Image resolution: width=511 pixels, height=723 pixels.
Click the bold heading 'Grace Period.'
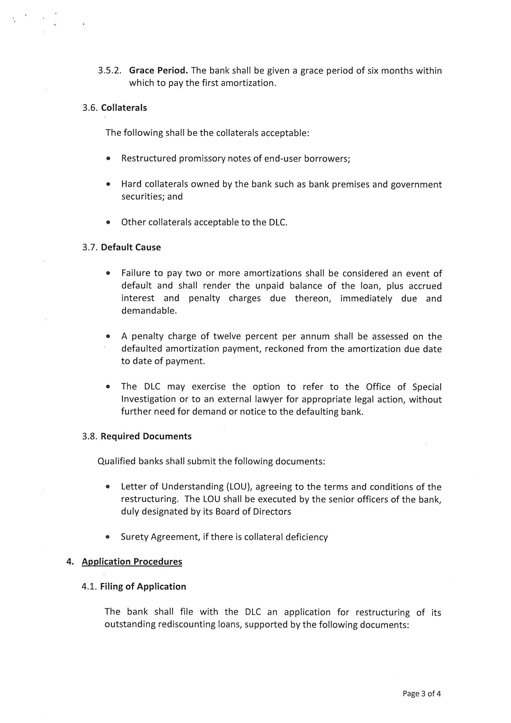[158, 71]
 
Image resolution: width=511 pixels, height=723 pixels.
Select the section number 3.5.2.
[109, 71]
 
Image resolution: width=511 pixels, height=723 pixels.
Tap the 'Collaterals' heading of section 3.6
[124, 108]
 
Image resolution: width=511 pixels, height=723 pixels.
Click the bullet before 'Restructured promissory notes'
[108, 159]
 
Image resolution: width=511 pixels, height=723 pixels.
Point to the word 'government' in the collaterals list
[416, 185]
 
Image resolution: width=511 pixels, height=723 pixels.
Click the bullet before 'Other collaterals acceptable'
[108, 223]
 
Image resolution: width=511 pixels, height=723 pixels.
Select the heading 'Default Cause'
[131, 247]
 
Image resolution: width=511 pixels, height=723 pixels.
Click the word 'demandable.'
[149, 311]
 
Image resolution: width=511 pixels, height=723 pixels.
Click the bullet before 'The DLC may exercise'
[108, 387]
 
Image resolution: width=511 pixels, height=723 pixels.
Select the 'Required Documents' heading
[146, 436]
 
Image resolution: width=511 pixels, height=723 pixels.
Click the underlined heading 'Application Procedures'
[132, 562]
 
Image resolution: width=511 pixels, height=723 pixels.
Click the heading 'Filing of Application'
[143, 587]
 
